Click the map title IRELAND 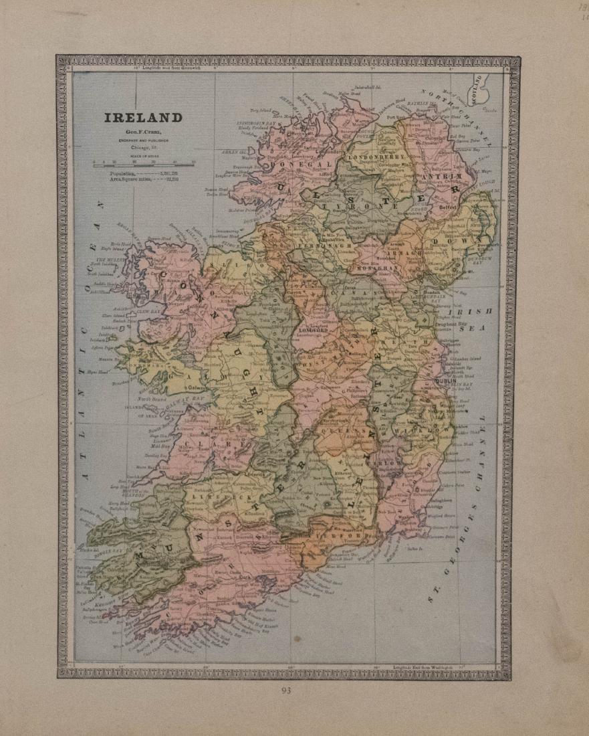(x=142, y=118)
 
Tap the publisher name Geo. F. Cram (x=142, y=134)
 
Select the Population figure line (x=143, y=173)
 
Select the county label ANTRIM (x=439, y=177)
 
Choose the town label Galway (x=196, y=387)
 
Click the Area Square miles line (x=143, y=180)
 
